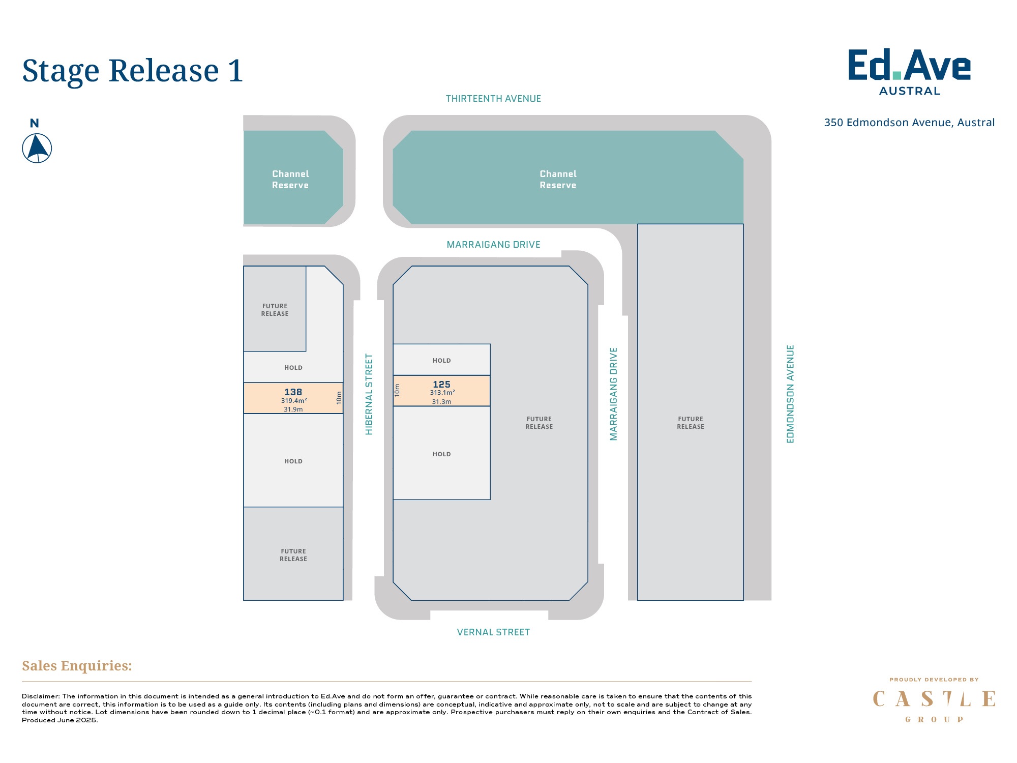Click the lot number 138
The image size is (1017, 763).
pos(293,392)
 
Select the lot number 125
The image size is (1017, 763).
pos(441,385)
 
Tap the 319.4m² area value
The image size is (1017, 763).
pos(293,401)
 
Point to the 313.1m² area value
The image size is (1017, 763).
pos(442,393)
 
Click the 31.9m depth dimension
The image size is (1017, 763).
pos(293,409)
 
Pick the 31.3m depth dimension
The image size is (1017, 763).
pos(441,402)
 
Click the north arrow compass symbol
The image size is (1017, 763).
pos(37,148)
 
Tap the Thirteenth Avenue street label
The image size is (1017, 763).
pos(493,99)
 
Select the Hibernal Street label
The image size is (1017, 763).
pos(369,394)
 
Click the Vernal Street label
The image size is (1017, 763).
pos(493,632)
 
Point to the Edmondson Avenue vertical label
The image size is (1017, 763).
pos(790,394)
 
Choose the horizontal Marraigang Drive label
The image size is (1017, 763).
pos(493,245)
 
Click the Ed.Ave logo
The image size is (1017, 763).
pos(909,72)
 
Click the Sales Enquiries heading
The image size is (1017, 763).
pos(77,666)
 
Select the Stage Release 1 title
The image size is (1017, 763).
pos(133,71)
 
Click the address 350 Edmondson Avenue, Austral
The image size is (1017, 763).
pos(909,123)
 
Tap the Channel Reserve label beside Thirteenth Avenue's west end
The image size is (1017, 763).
pos(290,180)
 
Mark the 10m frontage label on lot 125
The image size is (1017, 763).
pos(397,390)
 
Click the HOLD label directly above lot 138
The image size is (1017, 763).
pos(293,368)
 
